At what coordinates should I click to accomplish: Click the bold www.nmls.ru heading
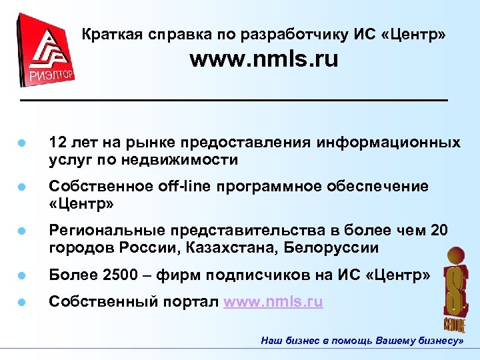[x=263, y=60]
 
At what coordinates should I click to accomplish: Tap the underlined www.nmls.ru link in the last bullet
[x=273, y=301]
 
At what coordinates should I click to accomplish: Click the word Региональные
[x=102, y=231]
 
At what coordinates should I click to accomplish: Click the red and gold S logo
[x=455, y=286]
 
